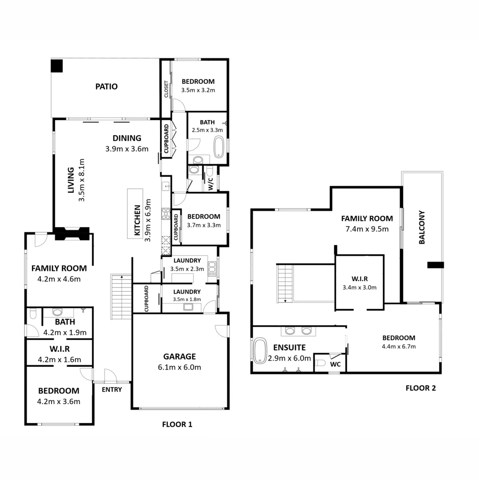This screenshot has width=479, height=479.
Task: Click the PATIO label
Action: click(x=106, y=86)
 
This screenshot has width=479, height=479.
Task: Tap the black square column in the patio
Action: click(x=57, y=66)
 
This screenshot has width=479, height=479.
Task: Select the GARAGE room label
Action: click(x=179, y=357)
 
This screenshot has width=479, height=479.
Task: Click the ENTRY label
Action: click(x=112, y=389)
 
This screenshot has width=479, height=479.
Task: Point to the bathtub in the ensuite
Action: click(x=260, y=351)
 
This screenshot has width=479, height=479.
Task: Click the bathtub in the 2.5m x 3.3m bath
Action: click(x=219, y=147)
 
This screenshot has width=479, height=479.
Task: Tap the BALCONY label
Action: click(x=422, y=227)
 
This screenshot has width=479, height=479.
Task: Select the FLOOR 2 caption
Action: click(x=420, y=388)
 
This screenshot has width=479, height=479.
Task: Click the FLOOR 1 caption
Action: click(x=177, y=424)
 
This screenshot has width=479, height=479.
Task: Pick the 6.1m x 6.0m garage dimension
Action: click(x=179, y=367)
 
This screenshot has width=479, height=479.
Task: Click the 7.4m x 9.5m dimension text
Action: click(x=367, y=229)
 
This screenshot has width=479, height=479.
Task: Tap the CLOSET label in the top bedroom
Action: click(x=166, y=89)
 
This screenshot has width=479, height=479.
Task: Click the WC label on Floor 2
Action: click(x=335, y=364)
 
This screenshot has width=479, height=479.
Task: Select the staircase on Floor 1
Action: click(x=121, y=297)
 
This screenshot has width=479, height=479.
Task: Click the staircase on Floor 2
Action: click(x=285, y=283)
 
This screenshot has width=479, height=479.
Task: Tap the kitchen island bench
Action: click(x=135, y=213)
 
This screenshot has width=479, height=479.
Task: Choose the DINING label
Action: click(x=127, y=138)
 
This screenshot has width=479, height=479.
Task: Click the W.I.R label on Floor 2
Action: click(x=360, y=279)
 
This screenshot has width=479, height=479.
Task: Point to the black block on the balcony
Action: click(x=436, y=265)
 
